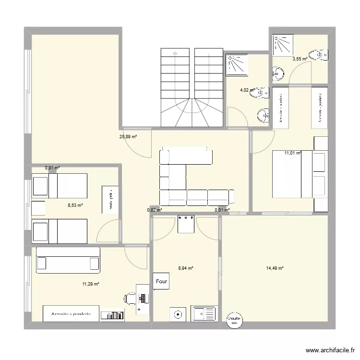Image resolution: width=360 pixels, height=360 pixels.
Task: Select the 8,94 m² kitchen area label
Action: [185, 269]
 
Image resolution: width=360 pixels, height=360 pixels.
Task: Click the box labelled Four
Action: [161, 282]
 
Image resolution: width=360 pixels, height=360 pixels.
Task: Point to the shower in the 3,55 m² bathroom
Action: [283, 46]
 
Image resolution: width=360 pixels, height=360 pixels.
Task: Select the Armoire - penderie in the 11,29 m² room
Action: [71, 313]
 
